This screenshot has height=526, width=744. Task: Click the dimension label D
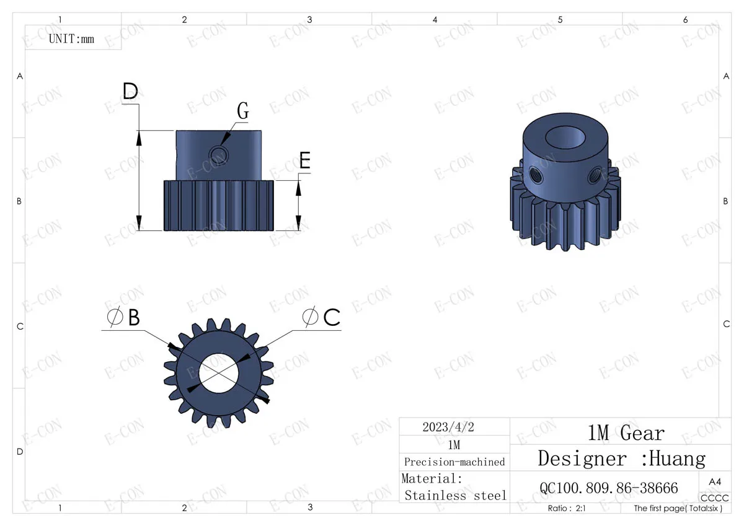(130, 90)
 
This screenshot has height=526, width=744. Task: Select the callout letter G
(243, 110)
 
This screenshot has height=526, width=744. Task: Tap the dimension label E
(305, 160)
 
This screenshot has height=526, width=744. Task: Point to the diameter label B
(123, 317)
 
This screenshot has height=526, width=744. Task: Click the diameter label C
(321, 317)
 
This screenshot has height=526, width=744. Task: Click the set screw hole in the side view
(218, 154)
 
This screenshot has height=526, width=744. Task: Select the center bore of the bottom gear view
(218, 373)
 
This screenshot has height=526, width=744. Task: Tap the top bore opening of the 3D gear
(565, 137)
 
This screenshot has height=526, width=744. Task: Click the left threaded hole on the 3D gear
(536, 175)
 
